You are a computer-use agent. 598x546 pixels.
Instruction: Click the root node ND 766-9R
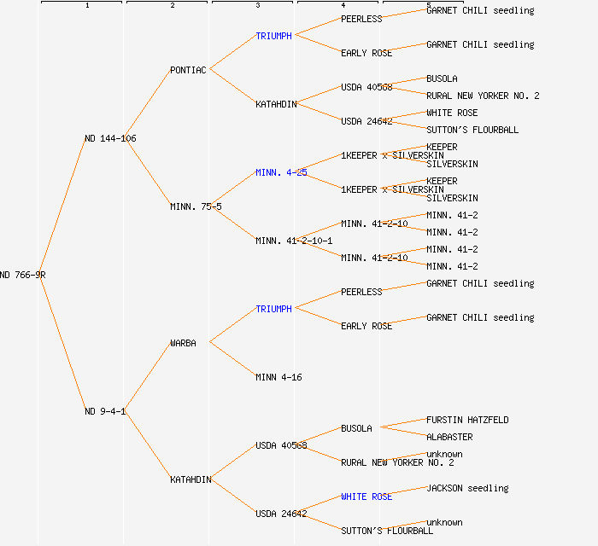[23, 275]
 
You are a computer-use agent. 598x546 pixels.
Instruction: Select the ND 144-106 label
[110, 138]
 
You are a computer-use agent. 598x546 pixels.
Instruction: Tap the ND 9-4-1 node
[105, 411]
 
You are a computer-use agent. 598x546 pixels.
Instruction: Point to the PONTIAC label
[188, 70]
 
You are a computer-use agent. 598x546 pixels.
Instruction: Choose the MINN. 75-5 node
[196, 206]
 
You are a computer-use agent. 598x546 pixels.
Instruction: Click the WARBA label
[183, 343]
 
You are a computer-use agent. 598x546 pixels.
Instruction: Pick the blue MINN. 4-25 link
[281, 172]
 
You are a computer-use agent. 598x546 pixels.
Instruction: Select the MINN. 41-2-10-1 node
[294, 241]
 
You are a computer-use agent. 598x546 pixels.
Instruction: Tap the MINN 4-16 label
[278, 377]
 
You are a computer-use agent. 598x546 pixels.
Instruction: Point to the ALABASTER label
[449, 437]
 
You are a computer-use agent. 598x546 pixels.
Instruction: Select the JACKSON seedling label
[467, 488]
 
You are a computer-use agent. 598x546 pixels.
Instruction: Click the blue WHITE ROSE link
[366, 497]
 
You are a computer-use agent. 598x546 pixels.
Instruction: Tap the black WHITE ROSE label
[452, 113]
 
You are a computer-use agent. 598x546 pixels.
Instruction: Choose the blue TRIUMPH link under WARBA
[273, 309]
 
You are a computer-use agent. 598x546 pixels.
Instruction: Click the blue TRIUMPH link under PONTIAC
[273, 36]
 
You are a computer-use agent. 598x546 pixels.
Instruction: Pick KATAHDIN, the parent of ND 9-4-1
[191, 479]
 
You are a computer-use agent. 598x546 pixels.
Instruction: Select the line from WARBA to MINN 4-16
[232, 359]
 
